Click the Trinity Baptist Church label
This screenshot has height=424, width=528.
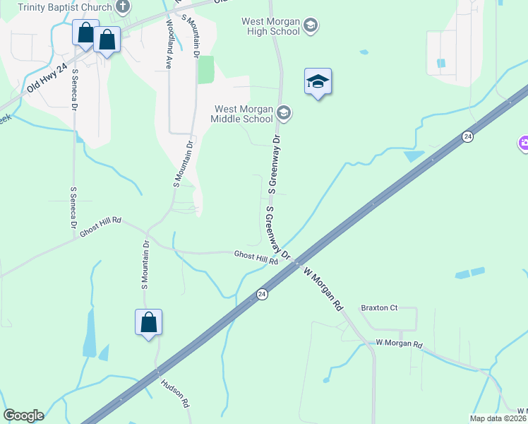pyautogui.click(x=64, y=8)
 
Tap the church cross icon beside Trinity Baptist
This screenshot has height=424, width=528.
pyautogui.click(x=123, y=8)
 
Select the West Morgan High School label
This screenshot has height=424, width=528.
pyautogui.click(x=271, y=27)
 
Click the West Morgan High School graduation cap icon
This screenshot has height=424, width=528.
pyautogui.click(x=310, y=27)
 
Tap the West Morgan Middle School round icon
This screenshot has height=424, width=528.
pyautogui.click(x=284, y=113)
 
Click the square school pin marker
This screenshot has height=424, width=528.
pyautogui.click(x=318, y=82)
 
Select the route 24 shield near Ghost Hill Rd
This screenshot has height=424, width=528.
pyautogui.click(x=262, y=293)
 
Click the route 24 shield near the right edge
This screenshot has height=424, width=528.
pyautogui.click(x=467, y=136)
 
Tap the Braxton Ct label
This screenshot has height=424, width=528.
pyautogui.click(x=380, y=308)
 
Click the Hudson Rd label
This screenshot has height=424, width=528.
pyautogui.click(x=175, y=394)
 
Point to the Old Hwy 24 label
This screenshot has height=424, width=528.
pyautogui.click(x=47, y=77)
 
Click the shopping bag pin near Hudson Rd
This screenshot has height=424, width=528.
pyautogui.click(x=149, y=322)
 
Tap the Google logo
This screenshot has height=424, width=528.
pyautogui.click(x=23, y=416)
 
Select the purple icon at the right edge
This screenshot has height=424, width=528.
pyautogui.click(x=524, y=143)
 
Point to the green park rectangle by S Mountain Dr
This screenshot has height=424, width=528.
pyautogui.click(x=205, y=69)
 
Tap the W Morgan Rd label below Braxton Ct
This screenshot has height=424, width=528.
pyautogui.click(x=399, y=344)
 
